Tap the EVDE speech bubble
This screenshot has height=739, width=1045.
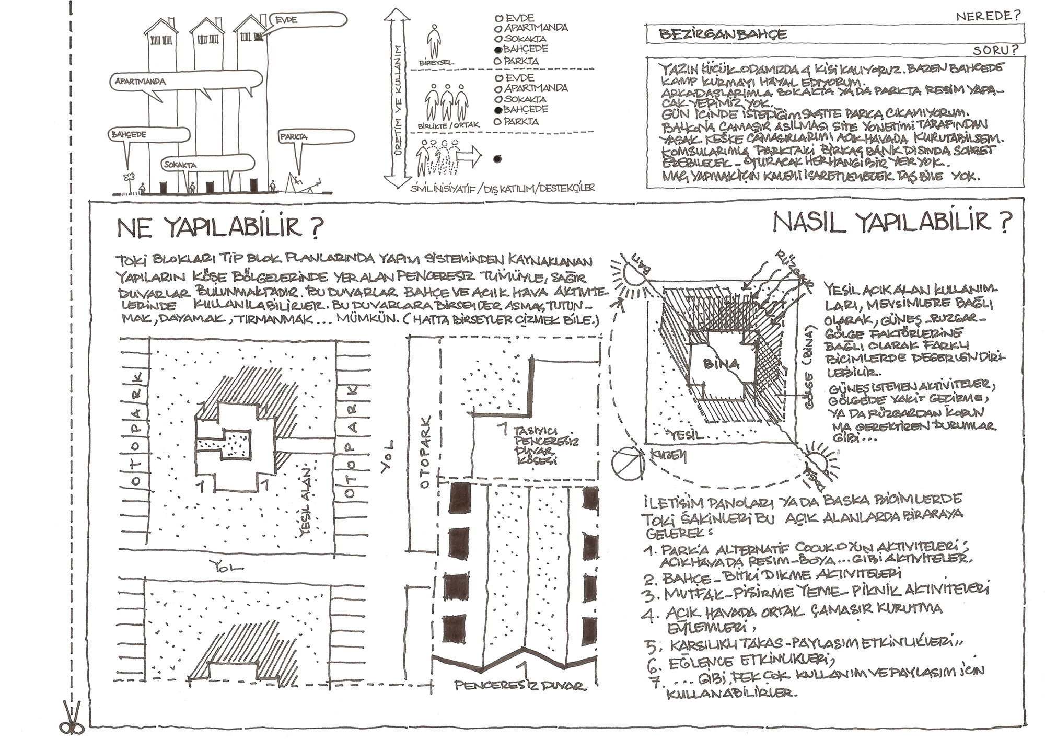coord(308,20)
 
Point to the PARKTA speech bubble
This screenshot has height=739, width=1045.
coord(317,136)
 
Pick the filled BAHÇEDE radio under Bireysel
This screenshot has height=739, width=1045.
coord(498,50)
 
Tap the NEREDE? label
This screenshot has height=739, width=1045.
coord(988,16)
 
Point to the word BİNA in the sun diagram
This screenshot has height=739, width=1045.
coord(722,364)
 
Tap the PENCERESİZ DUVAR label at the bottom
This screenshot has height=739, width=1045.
coord(520,685)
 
